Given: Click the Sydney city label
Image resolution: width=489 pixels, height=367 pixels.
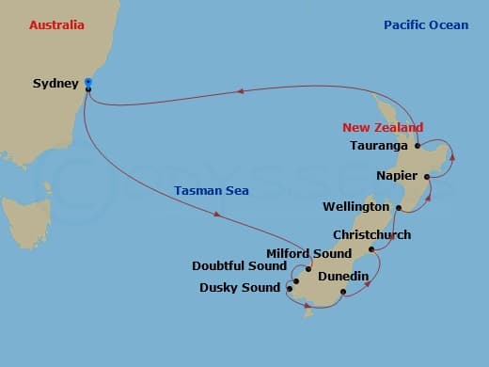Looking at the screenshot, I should pos(55,84).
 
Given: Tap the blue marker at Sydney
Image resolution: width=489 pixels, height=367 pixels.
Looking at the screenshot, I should pos(87,83).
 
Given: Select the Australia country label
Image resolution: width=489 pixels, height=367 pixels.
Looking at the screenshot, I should pos(56,25).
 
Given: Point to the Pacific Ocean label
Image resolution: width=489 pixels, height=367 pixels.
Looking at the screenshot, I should pos(425,25).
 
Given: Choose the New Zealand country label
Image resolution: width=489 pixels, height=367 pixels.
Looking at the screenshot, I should pos(382,127).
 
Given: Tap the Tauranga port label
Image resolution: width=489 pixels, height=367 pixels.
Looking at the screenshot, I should pos(378,146).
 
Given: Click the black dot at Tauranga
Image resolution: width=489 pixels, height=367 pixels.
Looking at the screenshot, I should pos(417,147).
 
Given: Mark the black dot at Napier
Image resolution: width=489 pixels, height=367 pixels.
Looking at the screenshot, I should pos(426,176).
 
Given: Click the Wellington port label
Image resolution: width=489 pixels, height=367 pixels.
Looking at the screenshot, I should pos(355,206).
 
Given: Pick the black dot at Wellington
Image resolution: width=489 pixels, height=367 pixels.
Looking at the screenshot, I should pos(399,208).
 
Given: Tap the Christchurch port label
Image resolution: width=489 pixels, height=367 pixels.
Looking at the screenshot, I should pos(371,234).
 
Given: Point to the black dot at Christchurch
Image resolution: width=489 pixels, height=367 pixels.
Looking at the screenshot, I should pos(372,249).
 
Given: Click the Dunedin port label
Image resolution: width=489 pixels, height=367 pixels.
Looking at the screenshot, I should pos(342,276).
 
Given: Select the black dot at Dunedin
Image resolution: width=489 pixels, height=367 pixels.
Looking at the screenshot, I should pos(342,292).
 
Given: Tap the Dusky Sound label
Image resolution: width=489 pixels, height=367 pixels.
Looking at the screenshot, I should pos(240,288).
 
